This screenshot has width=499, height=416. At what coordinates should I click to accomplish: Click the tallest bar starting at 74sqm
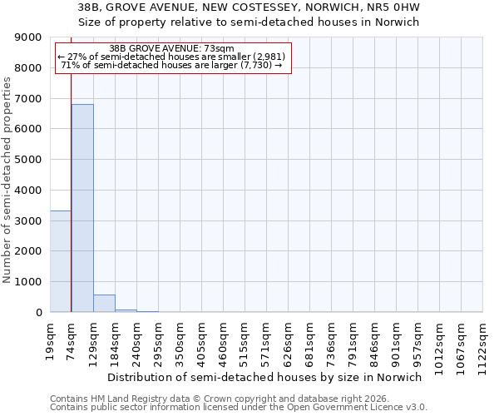point(82,208)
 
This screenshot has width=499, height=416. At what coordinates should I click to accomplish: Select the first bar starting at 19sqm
point(61,261)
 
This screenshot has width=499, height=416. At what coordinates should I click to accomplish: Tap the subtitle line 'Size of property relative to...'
point(249,22)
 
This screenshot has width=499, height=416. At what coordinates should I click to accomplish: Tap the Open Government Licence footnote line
point(239,408)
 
